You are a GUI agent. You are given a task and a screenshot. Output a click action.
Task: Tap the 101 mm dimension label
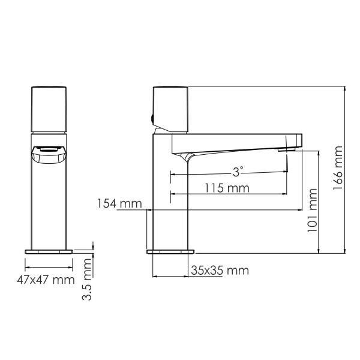[312, 211]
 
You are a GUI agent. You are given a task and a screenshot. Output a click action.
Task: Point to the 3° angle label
[238, 172]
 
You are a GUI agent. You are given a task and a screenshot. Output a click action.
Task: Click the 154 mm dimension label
[116, 203]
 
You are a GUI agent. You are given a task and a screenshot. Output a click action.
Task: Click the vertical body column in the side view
[172, 198]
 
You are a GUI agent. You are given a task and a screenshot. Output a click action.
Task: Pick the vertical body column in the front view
[49, 204]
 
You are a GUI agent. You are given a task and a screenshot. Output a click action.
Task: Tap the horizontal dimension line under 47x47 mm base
[49, 267]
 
